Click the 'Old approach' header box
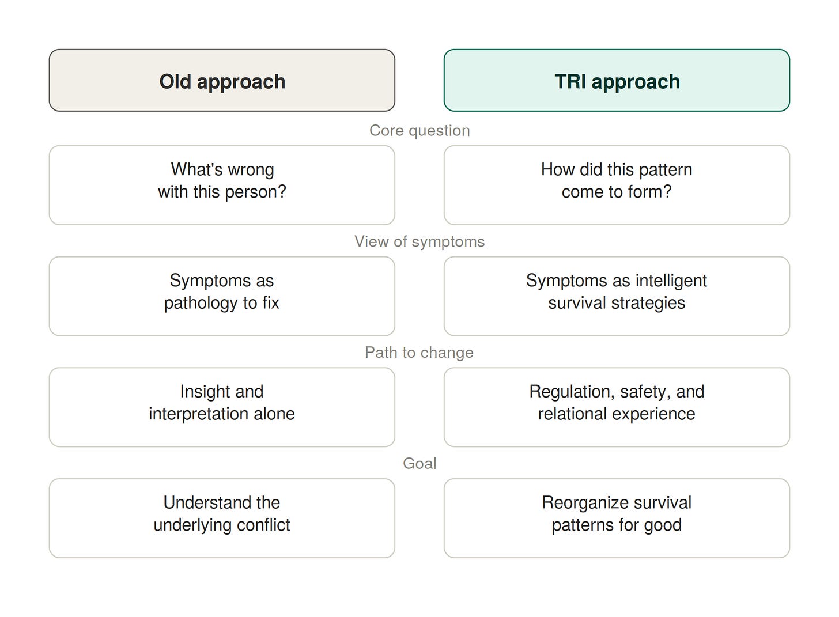coord(222,80)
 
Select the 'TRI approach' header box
coord(617,80)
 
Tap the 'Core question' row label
coord(419,131)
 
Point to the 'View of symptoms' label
coord(419,241)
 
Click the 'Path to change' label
coord(419,353)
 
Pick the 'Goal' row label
coord(419,464)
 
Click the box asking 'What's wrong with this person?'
coord(222,185)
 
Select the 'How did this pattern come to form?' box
coord(617,185)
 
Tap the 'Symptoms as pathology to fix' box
coord(222,296)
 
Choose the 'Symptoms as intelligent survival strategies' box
coord(617,296)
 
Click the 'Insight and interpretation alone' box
coord(222,407)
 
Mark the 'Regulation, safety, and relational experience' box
coord(617,407)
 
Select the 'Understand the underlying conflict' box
coord(222,518)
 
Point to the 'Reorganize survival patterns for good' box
coord(617,518)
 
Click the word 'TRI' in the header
coord(570,81)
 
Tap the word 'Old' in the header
coord(175,81)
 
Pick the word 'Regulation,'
coord(572,392)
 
